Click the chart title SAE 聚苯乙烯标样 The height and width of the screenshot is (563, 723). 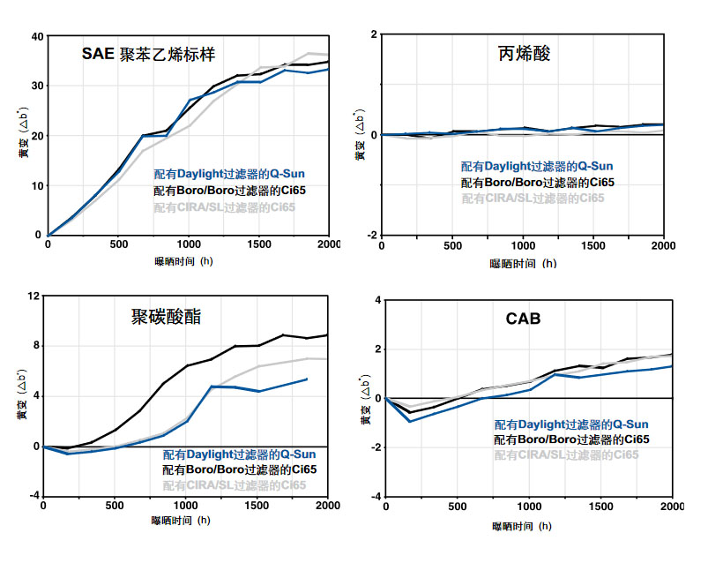[x=148, y=53]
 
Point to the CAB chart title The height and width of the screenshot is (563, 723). [x=523, y=319]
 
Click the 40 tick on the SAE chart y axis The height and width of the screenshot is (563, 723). [x=36, y=36]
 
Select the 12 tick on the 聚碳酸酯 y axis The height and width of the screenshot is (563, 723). [x=34, y=296]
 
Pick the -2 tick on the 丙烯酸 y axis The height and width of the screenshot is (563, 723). [x=372, y=235]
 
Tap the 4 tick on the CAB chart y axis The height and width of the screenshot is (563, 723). [x=376, y=300]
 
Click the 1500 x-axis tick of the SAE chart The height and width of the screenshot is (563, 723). [x=258, y=244]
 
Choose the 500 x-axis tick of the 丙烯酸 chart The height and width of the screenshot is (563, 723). [x=452, y=244]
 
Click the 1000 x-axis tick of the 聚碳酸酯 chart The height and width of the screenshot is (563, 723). [x=185, y=506]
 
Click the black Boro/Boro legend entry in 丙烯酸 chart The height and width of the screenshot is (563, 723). [x=537, y=182]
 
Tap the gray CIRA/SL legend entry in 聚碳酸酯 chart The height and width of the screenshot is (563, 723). [x=235, y=485]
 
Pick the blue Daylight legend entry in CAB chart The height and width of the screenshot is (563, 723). [x=570, y=424]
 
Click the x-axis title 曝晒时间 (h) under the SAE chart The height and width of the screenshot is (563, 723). [x=183, y=262]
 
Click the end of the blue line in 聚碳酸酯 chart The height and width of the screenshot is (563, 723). [x=307, y=379]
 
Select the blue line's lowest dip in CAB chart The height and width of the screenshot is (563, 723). [x=408, y=421]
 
